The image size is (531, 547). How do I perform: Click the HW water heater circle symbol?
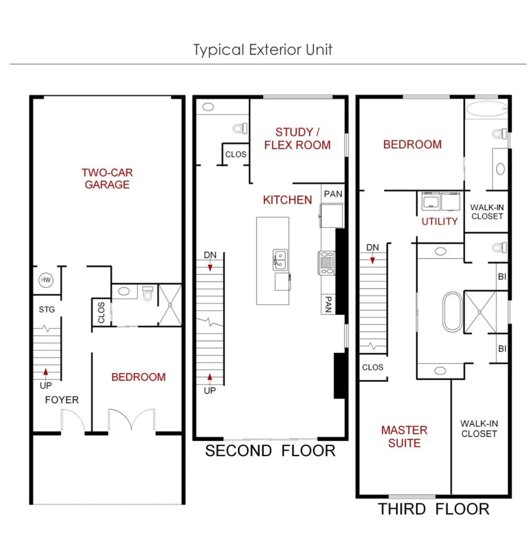[46, 280]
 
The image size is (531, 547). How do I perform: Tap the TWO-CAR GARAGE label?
[107, 178]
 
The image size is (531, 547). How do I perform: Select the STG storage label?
[47, 310]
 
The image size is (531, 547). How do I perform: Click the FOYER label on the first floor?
[62, 400]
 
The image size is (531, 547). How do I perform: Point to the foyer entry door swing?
[72, 421]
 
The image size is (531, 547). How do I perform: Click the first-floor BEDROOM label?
[138, 377]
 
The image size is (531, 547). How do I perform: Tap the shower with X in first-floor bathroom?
[170, 305]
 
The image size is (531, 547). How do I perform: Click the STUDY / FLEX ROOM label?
[297, 139]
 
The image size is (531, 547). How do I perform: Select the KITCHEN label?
[287, 200]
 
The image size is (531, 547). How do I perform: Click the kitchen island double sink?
[280, 260]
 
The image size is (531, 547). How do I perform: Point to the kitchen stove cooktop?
[327, 263]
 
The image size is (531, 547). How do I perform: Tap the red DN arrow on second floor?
[210, 266]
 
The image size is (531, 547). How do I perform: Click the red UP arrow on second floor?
[210, 377]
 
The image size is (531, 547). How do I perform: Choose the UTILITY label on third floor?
[439, 222]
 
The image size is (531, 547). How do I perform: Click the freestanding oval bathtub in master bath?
[453, 312]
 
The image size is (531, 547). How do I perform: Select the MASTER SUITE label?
[404, 437]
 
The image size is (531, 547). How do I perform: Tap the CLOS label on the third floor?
[373, 367]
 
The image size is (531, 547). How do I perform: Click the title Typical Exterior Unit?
[263, 50]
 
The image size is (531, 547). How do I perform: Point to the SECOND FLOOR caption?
[270, 451]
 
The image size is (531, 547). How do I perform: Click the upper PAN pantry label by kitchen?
[333, 194]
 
